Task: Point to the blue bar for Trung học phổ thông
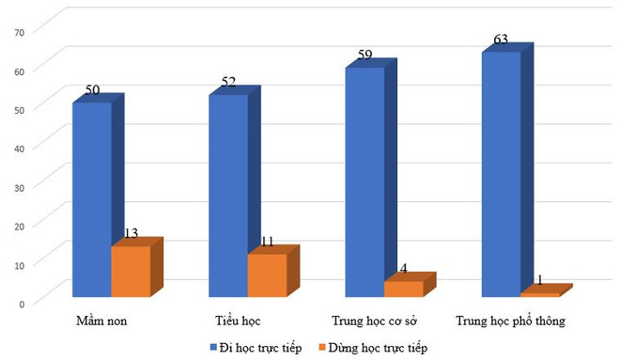(501, 173)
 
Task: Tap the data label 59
(364, 56)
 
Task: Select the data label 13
(132, 234)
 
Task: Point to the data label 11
(267, 242)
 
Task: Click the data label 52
(228, 83)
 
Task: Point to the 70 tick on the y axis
(18, 31)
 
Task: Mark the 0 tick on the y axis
(21, 303)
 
